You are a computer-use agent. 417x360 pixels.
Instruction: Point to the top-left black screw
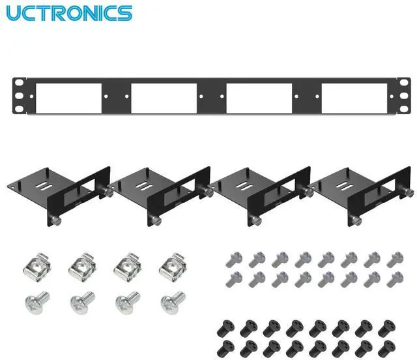tap(228, 326)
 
